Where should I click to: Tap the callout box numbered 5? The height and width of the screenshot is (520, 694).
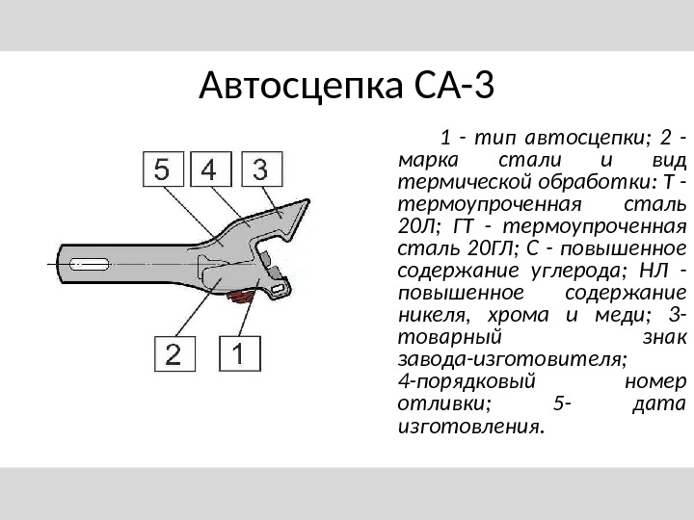pos(164,170)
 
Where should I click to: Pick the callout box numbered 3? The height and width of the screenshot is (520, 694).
pos(260,170)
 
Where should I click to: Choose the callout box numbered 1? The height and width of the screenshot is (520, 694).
pos(240,353)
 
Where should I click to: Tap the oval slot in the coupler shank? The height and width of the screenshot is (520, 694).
pos(86,262)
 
